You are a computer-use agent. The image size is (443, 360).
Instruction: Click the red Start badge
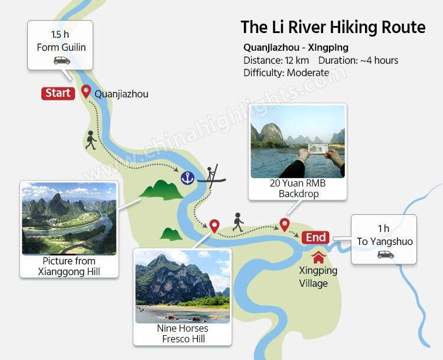[58, 93]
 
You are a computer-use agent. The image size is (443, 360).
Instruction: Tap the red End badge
[315, 237]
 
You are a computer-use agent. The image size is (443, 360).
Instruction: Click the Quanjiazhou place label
[121, 93]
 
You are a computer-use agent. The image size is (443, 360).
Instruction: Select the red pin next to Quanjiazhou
[86, 91]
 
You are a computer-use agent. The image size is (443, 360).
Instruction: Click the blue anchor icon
[188, 177]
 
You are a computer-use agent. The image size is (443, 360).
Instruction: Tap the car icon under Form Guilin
[61, 60]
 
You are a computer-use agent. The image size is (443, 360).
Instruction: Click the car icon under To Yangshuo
[385, 254]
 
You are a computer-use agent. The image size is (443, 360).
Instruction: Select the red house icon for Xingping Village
[318, 257]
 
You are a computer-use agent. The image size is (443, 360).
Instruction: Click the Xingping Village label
[318, 277]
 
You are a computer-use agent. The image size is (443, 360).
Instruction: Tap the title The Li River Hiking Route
[333, 27]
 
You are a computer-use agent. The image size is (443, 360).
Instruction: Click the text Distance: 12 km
[277, 60]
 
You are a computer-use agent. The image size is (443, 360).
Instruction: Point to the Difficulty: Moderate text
[286, 73]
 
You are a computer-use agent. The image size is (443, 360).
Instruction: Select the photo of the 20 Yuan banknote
[297, 142]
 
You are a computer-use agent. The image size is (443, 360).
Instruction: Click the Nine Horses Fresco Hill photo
[182, 286]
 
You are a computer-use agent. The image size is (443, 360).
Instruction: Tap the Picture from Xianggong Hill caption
[69, 266]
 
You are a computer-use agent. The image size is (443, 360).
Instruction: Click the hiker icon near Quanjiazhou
[90, 139]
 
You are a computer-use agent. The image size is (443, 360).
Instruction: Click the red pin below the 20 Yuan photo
[284, 224]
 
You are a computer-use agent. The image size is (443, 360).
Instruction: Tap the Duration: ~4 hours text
[358, 60]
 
